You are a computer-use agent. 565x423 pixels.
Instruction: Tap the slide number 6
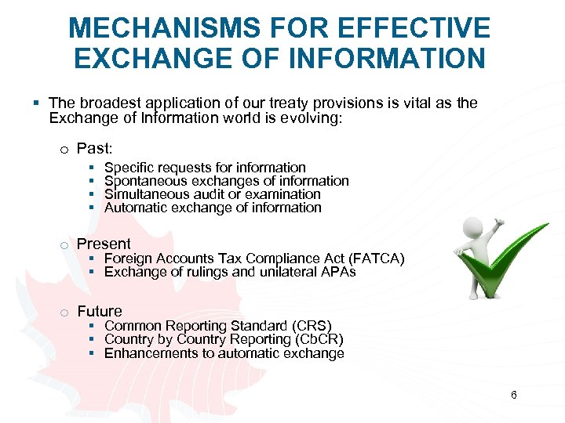(x=513, y=395)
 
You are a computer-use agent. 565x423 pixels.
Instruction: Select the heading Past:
(x=95, y=149)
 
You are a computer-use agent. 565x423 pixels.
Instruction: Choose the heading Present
(x=104, y=244)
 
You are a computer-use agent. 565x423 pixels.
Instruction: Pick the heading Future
(x=100, y=311)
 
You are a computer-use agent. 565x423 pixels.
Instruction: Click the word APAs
(x=340, y=273)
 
